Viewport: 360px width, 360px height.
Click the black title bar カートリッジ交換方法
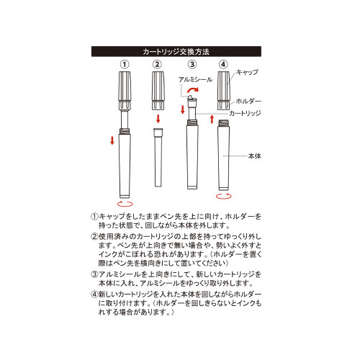point(176,51)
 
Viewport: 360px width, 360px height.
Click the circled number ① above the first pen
point(125,64)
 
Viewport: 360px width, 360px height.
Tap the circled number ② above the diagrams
point(157,64)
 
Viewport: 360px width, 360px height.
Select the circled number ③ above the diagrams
point(192,64)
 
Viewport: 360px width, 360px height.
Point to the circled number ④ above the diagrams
point(223,64)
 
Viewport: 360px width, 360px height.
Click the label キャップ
point(247,72)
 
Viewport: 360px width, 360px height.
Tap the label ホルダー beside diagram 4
point(248,101)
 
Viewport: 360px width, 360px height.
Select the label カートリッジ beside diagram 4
point(245,113)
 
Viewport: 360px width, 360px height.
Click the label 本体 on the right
point(254,156)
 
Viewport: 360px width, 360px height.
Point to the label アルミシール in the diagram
point(195,79)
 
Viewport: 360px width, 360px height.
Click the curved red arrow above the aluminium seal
point(193,89)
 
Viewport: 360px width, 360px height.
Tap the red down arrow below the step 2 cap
point(158,119)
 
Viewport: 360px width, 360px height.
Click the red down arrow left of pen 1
point(112,140)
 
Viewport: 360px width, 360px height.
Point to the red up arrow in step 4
point(212,119)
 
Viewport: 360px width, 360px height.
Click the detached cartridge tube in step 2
point(158,158)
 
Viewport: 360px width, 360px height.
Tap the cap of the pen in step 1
point(125,91)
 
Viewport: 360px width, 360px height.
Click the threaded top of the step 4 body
point(223,123)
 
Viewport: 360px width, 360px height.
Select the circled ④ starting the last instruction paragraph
point(94,294)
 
